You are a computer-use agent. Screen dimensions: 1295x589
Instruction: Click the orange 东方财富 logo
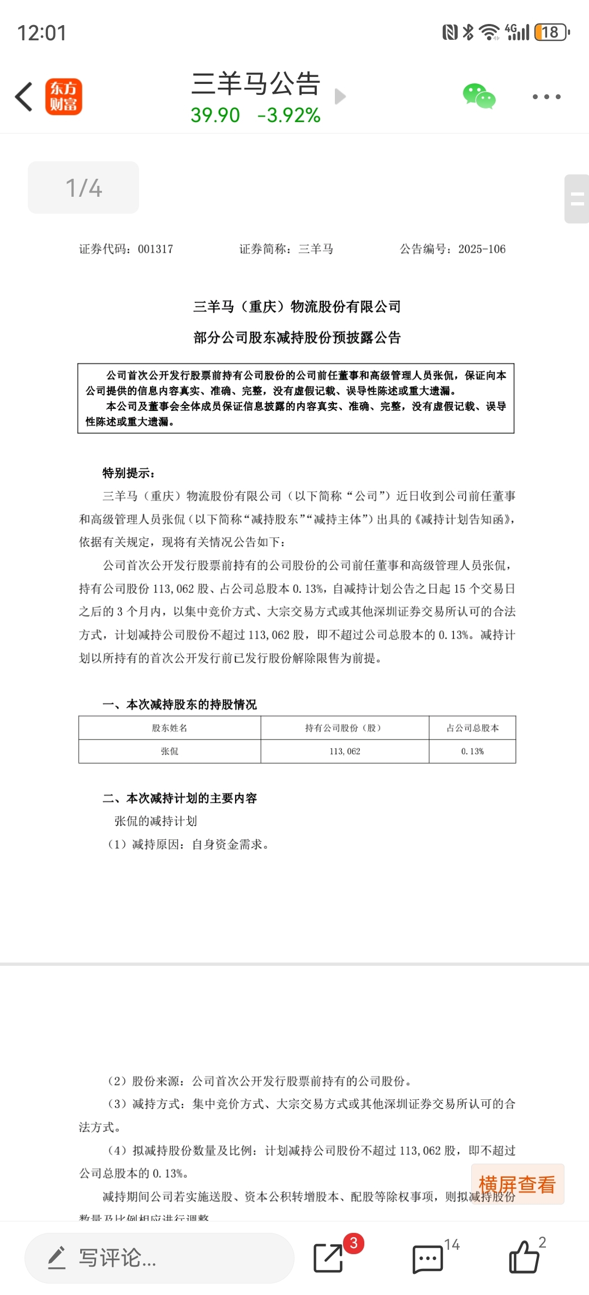pos(63,97)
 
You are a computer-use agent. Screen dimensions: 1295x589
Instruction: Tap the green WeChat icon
pos(479,96)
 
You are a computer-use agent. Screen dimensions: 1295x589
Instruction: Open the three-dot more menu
pos(546,97)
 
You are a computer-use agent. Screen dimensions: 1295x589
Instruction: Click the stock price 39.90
pos(215,115)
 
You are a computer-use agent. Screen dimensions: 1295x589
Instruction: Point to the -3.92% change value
pos(289,115)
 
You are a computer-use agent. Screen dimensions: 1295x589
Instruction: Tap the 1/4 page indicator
pos(83,187)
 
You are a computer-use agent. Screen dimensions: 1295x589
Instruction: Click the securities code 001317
pos(155,249)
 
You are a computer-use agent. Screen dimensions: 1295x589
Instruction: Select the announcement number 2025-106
pos(482,249)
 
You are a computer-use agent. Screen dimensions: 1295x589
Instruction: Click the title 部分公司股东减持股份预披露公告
pos(297,338)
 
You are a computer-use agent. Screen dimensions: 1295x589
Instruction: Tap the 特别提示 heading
pos(129,473)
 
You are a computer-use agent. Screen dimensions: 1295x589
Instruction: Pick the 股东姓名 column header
pos(170,728)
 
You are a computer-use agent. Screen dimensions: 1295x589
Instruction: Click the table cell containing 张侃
pos(170,751)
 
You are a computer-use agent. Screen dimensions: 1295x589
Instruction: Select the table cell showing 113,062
pos(345,751)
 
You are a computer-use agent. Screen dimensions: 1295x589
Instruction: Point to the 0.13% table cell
pos(472,751)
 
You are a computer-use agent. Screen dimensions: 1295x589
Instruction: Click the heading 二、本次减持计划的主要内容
pos(180,798)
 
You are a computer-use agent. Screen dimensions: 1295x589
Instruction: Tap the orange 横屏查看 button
pos(517,1184)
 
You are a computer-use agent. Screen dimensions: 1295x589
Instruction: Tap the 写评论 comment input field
pos(159,1258)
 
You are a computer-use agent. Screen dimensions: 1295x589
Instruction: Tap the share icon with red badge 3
pos(328,1258)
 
